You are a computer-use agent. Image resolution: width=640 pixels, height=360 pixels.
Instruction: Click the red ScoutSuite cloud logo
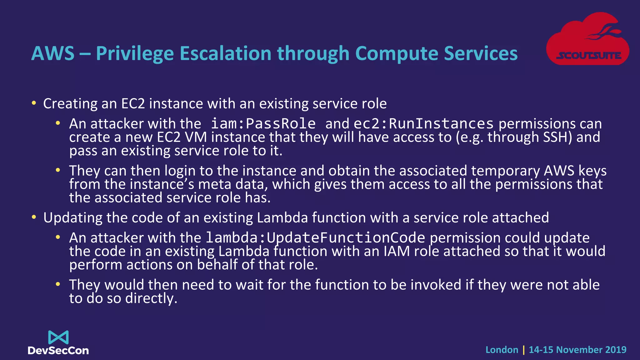[x=587, y=39]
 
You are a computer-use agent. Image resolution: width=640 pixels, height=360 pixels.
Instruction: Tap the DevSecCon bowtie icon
[x=58, y=337]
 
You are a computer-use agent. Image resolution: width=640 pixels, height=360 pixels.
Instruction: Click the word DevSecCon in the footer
[x=58, y=351]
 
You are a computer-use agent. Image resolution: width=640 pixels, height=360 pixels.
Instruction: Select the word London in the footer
[x=502, y=350]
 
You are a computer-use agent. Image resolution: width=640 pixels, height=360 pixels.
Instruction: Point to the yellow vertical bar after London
[x=524, y=350]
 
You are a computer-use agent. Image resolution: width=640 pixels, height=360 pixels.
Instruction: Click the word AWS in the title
[x=53, y=53]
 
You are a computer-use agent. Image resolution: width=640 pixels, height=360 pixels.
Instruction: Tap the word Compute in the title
[x=397, y=53]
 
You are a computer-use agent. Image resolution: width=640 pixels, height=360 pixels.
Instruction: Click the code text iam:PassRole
[x=263, y=124]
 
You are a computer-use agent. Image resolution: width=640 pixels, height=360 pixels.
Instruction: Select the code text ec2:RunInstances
[x=423, y=124]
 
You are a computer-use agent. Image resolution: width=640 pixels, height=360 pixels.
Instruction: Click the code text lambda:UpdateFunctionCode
[x=315, y=238]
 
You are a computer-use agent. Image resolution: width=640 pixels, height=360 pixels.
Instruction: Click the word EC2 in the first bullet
[x=133, y=104]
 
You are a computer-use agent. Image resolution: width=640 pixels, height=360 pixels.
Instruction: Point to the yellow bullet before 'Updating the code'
[x=34, y=217]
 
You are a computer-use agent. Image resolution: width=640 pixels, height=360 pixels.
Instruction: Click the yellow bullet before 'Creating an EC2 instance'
[x=34, y=103]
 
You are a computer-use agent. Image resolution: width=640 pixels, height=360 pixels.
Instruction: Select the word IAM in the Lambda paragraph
[x=396, y=251]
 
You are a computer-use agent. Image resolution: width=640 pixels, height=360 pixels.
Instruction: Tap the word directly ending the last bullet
[x=151, y=298]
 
